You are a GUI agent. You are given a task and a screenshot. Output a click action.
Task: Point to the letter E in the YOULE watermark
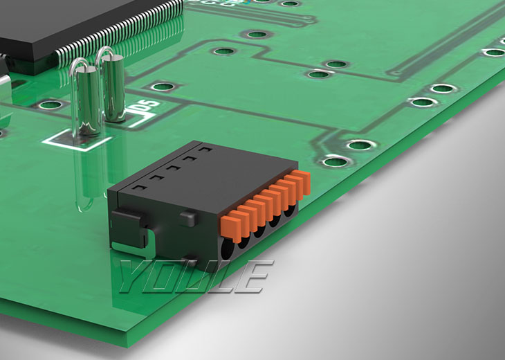pyautogui.click(x=255, y=276)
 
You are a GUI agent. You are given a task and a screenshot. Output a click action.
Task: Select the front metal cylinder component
pyautogui.click(x=88, y=100)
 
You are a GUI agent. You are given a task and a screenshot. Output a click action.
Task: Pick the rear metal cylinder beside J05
pyautogui.click(x=113, y=88)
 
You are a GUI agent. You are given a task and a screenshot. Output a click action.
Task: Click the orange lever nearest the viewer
pyautogui.click(x=231, y=228)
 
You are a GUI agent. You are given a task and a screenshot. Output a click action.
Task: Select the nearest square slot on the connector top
pyautogui.click(x=139, y=188)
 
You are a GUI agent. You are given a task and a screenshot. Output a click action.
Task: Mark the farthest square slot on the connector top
pyautogui.click(x=205, y=150)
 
